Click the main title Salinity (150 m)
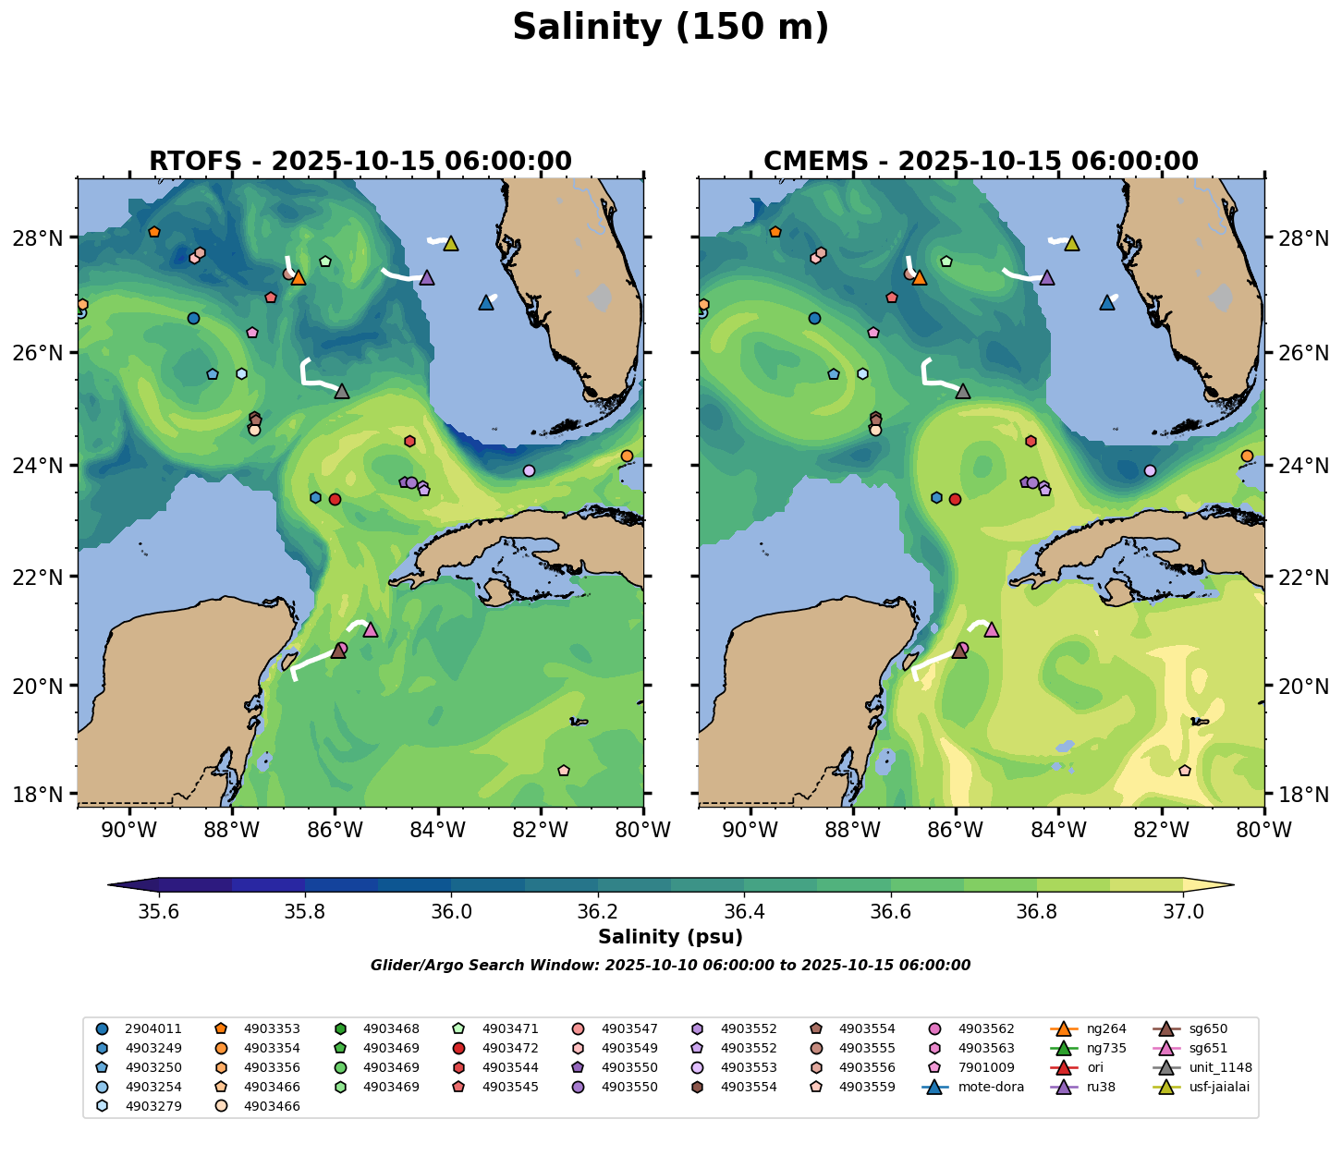[671, 28]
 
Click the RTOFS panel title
[360, 162]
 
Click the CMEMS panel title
[981, 162]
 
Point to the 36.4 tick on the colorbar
[744, 912]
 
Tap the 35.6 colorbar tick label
[159, 912]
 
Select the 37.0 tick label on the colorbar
[1182, 912]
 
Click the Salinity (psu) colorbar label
[670, 937]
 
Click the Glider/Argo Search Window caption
[670, 966]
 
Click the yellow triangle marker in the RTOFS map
[451, 243]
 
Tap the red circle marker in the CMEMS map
[955, 499]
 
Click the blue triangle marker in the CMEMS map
[1107, 302]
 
